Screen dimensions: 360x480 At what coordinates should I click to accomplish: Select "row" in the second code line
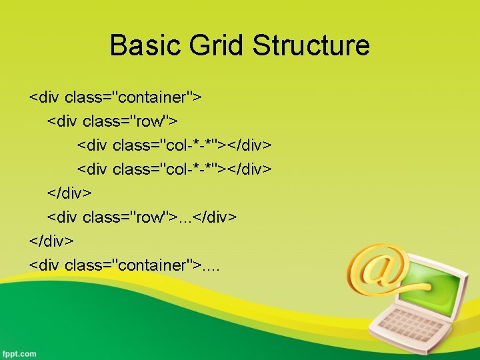pyautogui.click(x=152, y=121)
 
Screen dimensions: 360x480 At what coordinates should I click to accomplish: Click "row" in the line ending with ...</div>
pyautogui.click(x=152, y=217)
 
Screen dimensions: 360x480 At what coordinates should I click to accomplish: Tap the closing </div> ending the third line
pyautogui.click(x=249, y=145)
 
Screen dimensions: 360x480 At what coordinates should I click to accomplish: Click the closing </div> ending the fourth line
pyautogui.click(x=249, y=169)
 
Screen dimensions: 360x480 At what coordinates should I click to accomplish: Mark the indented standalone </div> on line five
pyautogui.click(x=69, y=193)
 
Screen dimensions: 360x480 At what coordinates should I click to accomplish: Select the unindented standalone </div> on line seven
pyautogui.click(x=51, y=241)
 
